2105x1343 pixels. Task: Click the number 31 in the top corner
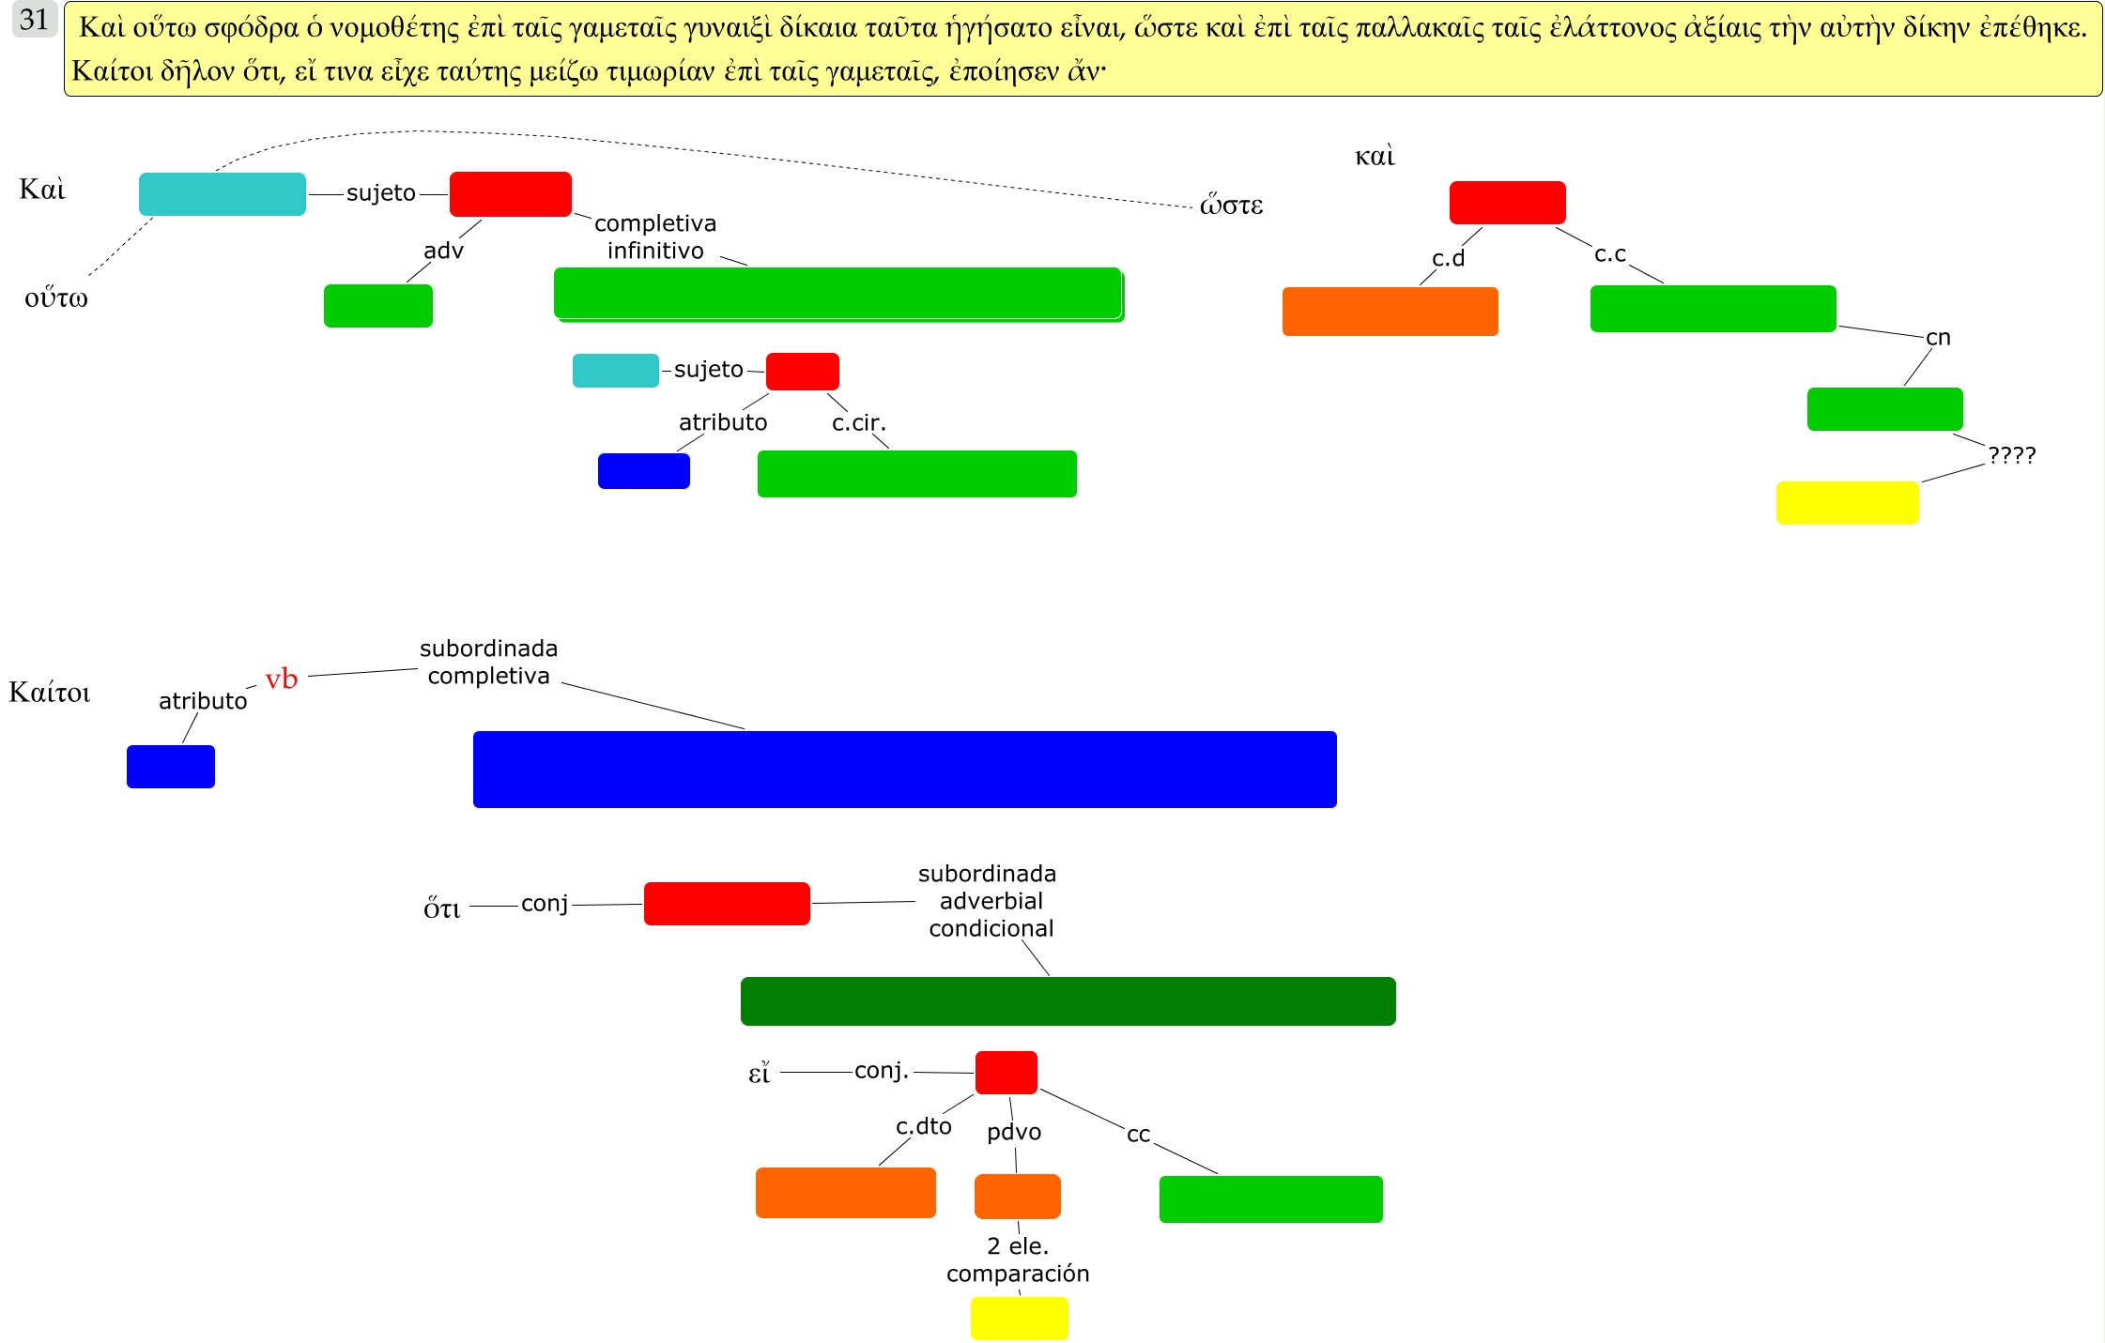(34, 20)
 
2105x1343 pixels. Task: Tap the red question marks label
(2011, 455)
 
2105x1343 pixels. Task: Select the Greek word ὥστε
(1231, 205)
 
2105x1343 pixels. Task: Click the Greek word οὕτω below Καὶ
(56, 298)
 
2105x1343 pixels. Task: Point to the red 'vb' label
(281, 679)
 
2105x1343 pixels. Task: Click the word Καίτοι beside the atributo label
(50, 693)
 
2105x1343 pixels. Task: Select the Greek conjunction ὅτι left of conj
(441, 908)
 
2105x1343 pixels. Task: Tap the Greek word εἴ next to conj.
(759, 1072)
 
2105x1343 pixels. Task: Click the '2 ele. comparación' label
(1018, 1259)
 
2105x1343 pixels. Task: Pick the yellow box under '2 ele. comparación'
(1019, 1318)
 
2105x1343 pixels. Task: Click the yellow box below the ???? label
(1847, 503)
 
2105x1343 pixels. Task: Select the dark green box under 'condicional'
(1068, 1001)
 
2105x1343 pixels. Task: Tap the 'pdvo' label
(1014, 1132)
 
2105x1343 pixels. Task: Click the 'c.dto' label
(924, 1126)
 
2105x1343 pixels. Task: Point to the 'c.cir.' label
(858, 423)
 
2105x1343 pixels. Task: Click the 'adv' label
(443, 251)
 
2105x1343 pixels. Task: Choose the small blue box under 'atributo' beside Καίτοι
(171, 767)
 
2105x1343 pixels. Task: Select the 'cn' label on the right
(1938, 338)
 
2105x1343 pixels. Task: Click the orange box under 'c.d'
(1390, 312)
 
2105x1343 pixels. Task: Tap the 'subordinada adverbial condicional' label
(990, 901)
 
